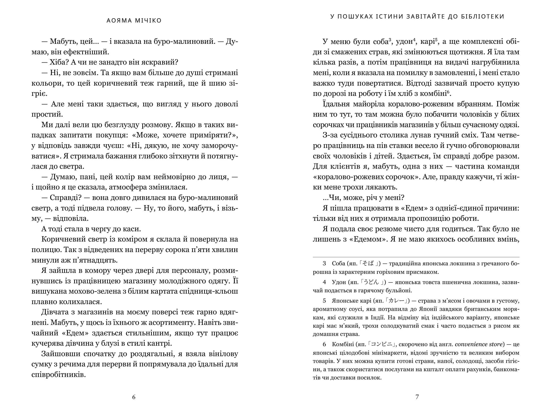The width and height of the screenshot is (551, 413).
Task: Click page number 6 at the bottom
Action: click(133, 397)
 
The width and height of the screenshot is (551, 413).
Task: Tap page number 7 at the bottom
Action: click(417, 397)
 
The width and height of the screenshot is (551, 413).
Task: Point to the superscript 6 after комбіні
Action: click(449, 91)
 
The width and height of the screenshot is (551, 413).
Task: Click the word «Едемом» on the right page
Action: click(367, 239)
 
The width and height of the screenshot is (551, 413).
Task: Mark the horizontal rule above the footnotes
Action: click(416, 257)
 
